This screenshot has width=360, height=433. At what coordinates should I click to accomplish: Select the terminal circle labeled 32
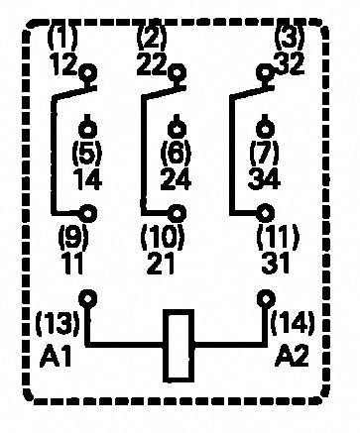(x=265, y=72)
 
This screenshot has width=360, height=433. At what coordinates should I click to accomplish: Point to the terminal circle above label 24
(x=177, y=127)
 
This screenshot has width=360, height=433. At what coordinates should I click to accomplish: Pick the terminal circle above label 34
(x=265, y=127)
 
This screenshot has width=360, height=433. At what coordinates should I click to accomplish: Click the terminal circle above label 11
(x=91, y=211)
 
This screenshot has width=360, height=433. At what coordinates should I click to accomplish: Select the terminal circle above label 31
(x=266, y=211)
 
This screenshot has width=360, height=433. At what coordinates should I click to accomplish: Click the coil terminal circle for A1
(x=90, y=296)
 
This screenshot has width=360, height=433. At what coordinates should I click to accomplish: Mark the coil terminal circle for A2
(x=266, y=296)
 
